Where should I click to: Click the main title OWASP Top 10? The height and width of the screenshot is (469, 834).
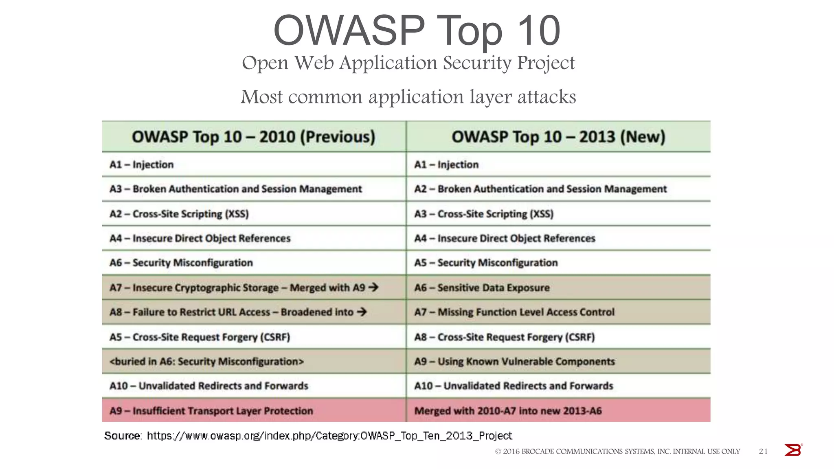point(417,31)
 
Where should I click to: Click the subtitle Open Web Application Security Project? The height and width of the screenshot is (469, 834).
point(408,63)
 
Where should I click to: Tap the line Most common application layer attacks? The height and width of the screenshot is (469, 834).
point(408,97)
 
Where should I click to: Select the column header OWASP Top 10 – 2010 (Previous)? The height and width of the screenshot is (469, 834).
point(253,137)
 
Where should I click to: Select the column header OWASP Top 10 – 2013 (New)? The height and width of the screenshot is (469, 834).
point(558,137)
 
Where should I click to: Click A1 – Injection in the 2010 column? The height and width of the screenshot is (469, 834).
point(141,164)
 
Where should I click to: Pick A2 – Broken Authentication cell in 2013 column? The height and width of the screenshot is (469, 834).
point(540,189)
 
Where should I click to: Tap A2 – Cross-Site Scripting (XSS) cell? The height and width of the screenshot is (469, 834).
point(179,214)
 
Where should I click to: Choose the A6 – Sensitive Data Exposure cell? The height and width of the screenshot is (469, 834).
point(482,287)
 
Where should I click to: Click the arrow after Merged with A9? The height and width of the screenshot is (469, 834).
point(373,287)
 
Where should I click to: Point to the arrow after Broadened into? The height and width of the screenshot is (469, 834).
point(362,312)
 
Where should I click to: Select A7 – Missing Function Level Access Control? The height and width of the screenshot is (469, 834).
point(514,312)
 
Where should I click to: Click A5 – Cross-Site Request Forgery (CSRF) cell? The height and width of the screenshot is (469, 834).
point(200,337)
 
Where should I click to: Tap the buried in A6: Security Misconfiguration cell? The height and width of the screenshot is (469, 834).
point(206,362)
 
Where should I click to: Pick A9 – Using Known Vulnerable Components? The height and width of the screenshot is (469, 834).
point(514,362)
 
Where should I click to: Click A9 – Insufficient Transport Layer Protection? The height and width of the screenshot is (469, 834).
point(211,411)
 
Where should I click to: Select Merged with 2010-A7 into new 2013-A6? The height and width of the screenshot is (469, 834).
point(507,411)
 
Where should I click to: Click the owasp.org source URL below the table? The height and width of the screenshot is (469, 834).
point(329,436)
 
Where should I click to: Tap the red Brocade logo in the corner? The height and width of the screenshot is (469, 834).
point(792,450)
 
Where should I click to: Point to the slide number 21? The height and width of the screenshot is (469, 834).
point(763,451)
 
